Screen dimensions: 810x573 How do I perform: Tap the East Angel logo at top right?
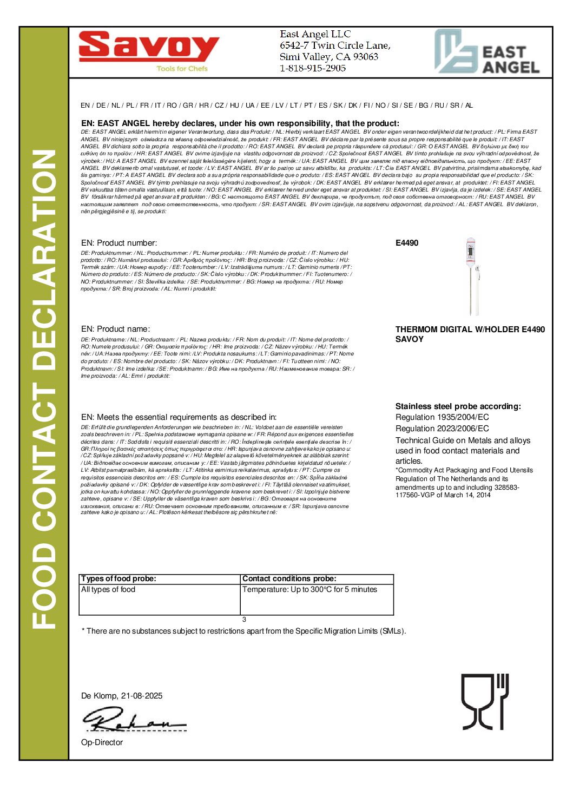click(x=487, y=52)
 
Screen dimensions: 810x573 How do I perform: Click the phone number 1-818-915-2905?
click(x=313, y=68)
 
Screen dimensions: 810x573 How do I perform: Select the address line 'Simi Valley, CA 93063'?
click(x=328, y=57)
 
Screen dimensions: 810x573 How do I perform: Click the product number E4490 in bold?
click(x=406, y=243)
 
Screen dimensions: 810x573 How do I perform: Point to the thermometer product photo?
click(x=471, y=275)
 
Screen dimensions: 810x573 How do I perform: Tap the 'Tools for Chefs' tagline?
click(x=182, y=69)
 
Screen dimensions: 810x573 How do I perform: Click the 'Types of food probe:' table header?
click(x=118, y=578)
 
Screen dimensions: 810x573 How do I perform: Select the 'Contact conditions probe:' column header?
click(x=289, y=578)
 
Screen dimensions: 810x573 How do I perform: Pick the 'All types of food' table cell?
click(x=108, y=589)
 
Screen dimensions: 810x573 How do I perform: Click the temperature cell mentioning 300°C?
click(x=309, y=589)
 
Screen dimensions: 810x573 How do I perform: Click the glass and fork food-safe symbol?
click(x=484, y=701)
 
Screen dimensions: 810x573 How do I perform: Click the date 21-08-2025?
click(x=142, y=696)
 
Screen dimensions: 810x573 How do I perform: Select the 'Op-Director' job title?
click(x=102, y=742)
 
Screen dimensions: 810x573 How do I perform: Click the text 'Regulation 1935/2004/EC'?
click(x=442, y=417)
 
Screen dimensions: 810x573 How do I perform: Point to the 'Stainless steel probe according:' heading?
click(x=458, y=406)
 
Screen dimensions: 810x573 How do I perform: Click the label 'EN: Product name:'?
click(x=115, y=329)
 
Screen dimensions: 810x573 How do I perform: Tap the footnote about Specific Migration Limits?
click(x=243, y=631)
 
